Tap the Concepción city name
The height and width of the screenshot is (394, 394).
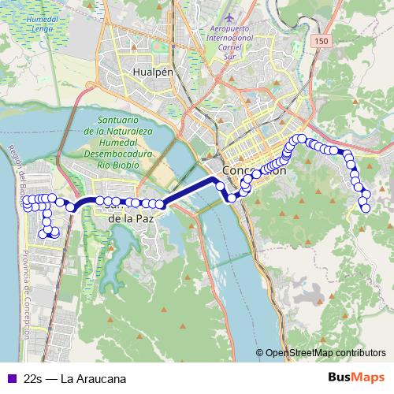pos(253,170)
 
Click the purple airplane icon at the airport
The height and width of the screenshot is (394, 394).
pos(229,17)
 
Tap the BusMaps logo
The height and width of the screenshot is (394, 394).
pos(356,377)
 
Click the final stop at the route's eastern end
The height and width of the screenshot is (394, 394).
pos(366,208)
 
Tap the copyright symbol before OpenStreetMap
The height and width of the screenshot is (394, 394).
pos(259,355)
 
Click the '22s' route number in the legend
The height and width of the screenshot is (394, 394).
pos(32,378)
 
